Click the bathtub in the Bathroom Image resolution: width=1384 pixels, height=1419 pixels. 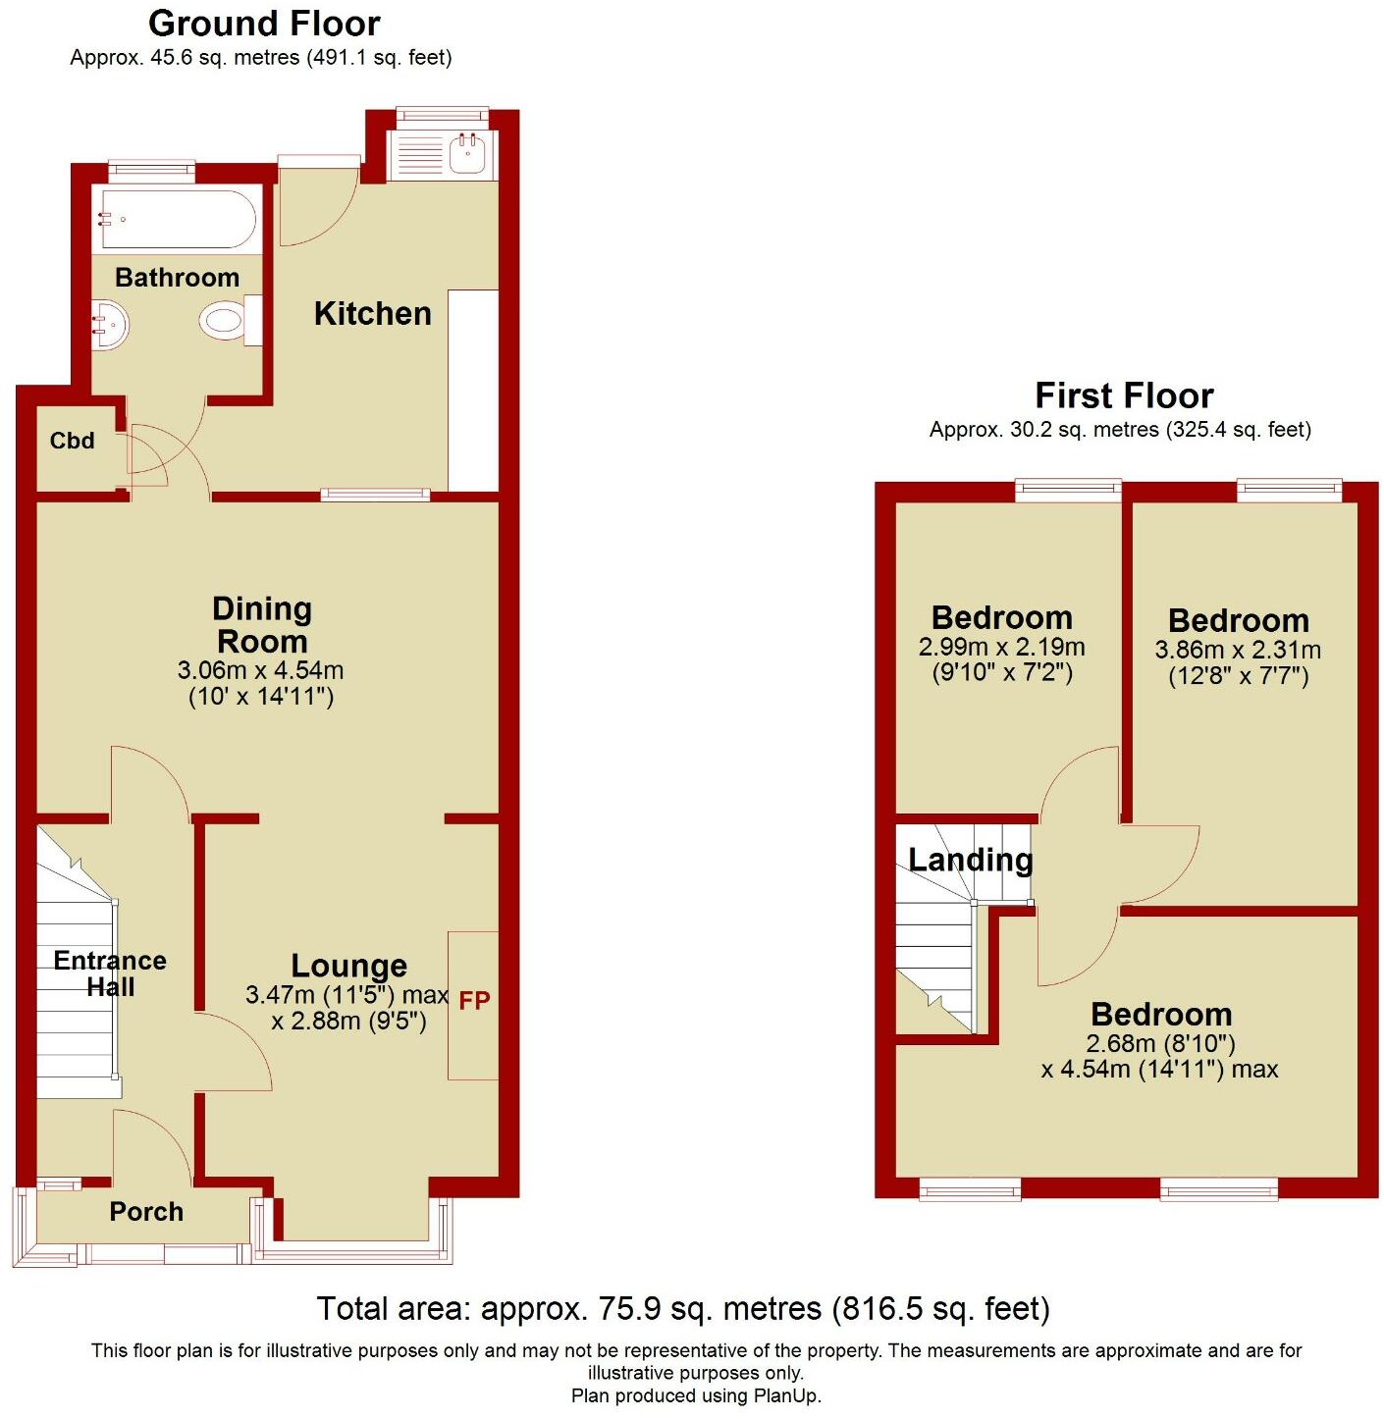178,220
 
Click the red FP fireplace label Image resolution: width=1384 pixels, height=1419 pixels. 474,1001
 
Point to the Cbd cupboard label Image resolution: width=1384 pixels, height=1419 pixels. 73,441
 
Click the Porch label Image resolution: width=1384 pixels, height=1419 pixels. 146,1212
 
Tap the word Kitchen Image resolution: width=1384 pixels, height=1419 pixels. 372,313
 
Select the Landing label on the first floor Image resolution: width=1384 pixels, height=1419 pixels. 970,860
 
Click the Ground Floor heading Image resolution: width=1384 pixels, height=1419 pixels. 264,23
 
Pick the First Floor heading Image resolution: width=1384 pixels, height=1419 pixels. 1124,395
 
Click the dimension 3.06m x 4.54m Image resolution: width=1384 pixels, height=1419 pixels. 260,671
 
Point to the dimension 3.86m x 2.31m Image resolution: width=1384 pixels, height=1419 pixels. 1238,650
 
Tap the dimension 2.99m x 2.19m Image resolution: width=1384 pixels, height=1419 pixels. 1001,647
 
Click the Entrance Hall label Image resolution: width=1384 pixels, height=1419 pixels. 110,973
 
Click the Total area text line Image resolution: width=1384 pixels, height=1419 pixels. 683,1308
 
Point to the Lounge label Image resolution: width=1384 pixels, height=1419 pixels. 348,966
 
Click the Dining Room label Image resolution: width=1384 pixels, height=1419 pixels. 262,625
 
